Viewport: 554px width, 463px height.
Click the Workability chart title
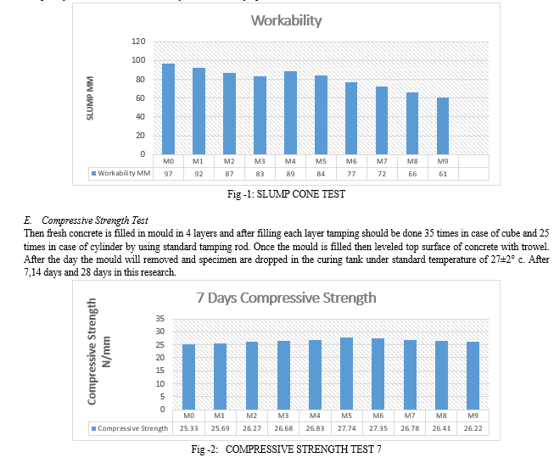pyautogui.click(x=286, y=20)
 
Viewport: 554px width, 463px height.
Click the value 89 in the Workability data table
pyautogui.click(x=290, y=173)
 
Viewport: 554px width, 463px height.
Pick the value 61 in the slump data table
pyautogui.click(x=443, y=173)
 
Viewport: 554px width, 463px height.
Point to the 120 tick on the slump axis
pyautogui.click(x=138, y=42)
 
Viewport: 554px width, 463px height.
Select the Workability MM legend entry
pyautogui.click(x=121, y=173)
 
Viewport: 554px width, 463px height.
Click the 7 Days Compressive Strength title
pyautogui.click(x=285, y=298)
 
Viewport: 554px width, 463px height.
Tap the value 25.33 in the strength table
pyautogui.click(x=188, y=428)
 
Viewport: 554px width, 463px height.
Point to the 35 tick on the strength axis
pyautogui.click(x=160, y=318)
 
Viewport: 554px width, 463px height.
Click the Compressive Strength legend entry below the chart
pyautogui.click(x=131, y=428)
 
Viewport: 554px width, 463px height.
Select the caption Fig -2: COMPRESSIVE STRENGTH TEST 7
pyautogui.click(x=286, y=449)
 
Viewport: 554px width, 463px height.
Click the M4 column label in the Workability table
pyautogui.click(x=290, y=160)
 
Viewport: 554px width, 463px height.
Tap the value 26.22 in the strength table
pyautogui.click(x=472, y=428)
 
